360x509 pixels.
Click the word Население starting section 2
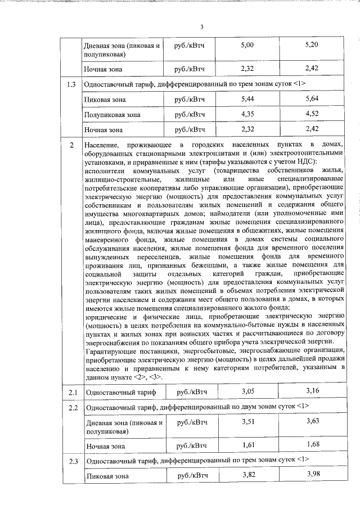tap(105, 146)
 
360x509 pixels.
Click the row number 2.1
tap(71, 392)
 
